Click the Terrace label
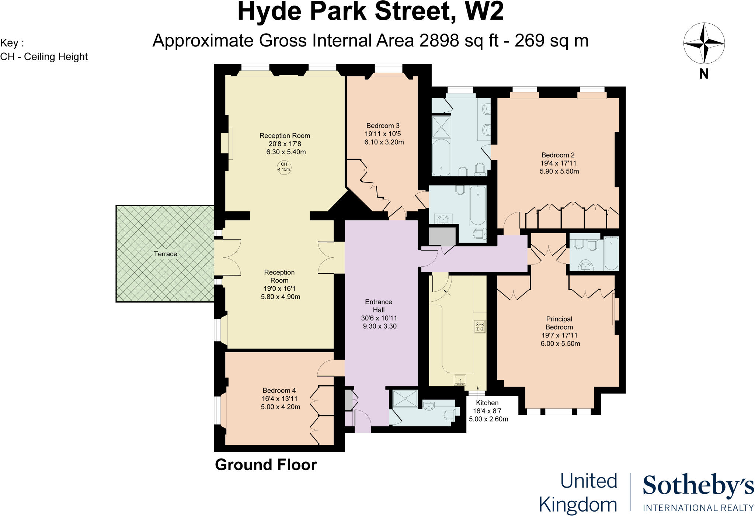pos(165,254)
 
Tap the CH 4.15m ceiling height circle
pos(284,167)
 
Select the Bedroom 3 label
pos(383,126)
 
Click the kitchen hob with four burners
pos(480,326)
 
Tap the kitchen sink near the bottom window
pos(460,380)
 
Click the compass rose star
pos(704,44)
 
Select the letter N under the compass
pos(704,74)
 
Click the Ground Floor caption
pos(266,465)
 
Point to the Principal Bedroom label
pos(559,323)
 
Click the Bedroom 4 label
pos(279,390)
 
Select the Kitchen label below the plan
pos(487,403)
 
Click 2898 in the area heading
pos(439,41)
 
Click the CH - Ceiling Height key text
pos(44,57)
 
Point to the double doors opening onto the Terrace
pos(229,257)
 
